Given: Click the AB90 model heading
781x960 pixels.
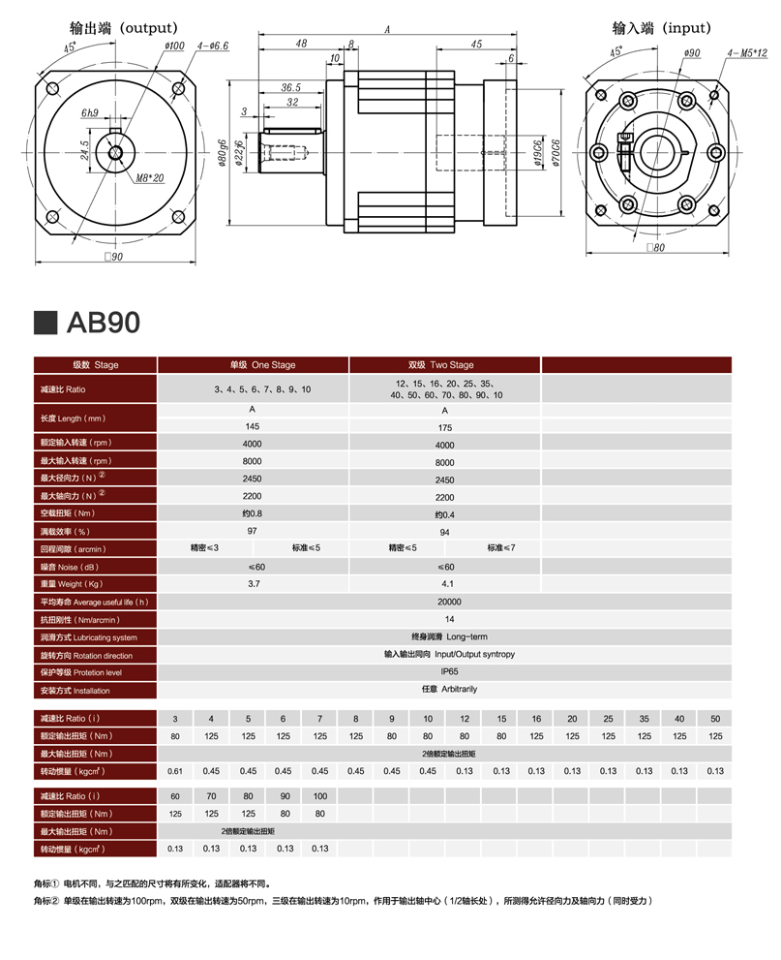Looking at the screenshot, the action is pyautogui.click(x=104, y=322).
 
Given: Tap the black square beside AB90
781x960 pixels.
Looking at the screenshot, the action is pyautogui.click(x=45, y=323).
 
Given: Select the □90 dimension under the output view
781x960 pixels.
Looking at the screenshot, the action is pyautogui.click(x=113, y=257).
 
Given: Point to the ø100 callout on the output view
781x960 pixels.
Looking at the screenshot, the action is pyautogui.click(x=174, y=46).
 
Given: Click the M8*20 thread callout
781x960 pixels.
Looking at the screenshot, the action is pyautogui.click(x=150, y=178).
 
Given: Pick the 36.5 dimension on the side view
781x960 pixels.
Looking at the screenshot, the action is pyautogui.click(x=290, y=87).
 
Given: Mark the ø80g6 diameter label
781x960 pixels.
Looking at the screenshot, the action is pyautogui.click(x=222, y=153).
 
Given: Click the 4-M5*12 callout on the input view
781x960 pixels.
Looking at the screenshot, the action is pyautogui.click(x=747, y=52).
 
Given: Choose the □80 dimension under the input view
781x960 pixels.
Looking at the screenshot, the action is pyautogui.click(x=655, y=247).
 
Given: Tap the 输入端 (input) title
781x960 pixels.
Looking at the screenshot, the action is pyautogui.click(x=662, y=28).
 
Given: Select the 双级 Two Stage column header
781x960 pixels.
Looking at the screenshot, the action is pyautogui.click(x=441, y=365).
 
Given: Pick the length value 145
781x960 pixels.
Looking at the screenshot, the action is pyautogui.click(x=252, y=426).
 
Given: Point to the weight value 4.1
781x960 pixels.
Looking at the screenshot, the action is pyautogui.click(x=448, y=584).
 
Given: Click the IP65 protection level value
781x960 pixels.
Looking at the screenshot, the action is pyautogui.click(x=449, y=671).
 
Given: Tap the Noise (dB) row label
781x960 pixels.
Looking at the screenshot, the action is pyautogui.click(x=69, y=567).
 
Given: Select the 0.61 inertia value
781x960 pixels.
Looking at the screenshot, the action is pyautogui.click(x=175, y=771).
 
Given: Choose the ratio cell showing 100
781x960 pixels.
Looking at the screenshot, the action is pyautogui.click(x=320, y=796).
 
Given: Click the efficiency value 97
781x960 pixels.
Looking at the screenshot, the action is pyautogui.click(x=252, y=531).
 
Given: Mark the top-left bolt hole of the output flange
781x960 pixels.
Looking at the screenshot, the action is pyautogui.click(x=52, y=89).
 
